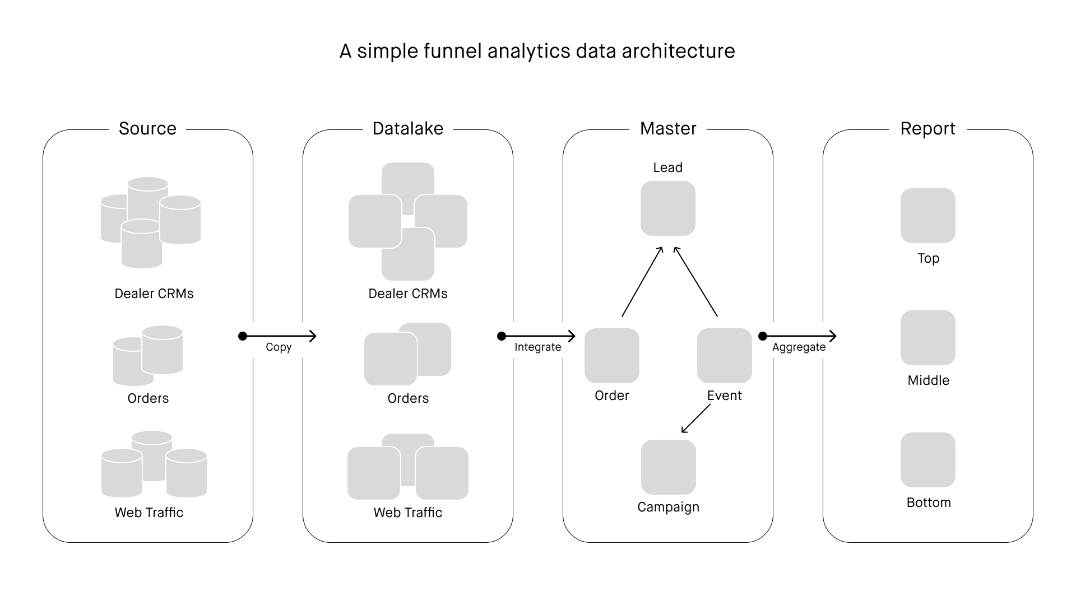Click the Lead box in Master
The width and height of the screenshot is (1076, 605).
(x=668, y=208)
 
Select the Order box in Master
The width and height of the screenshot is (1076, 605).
(x=612, y=356)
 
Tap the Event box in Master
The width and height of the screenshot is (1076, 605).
(x=725, y=356)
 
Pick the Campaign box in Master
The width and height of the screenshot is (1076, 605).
(x=669, y=467)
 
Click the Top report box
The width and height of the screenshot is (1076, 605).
(x=928, y=216)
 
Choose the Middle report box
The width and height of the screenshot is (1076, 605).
(x=928, y=338)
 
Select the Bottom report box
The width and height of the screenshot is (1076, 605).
(x=928, y=460)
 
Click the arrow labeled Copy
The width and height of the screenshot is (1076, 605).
(x=279, y=336)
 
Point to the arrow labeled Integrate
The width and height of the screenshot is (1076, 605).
(x=538, y=336)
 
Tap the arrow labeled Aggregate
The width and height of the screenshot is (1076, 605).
(x=799, y=336)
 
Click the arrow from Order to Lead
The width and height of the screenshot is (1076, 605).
(x=642, y=282)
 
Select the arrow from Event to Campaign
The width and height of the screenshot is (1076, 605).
(x=695, y=418)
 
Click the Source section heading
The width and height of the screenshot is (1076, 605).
(x=147, y=128)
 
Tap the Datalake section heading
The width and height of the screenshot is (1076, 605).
(x=408, y=128)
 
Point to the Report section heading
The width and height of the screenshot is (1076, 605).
(x=928, y=129)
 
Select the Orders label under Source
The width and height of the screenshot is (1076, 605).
(x=148, y=398)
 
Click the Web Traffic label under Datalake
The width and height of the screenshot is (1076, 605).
(x=408, y=513)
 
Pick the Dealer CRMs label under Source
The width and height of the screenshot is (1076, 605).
(x=154, y=294)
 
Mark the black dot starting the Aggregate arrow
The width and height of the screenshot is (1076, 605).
(x=763, y=336)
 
